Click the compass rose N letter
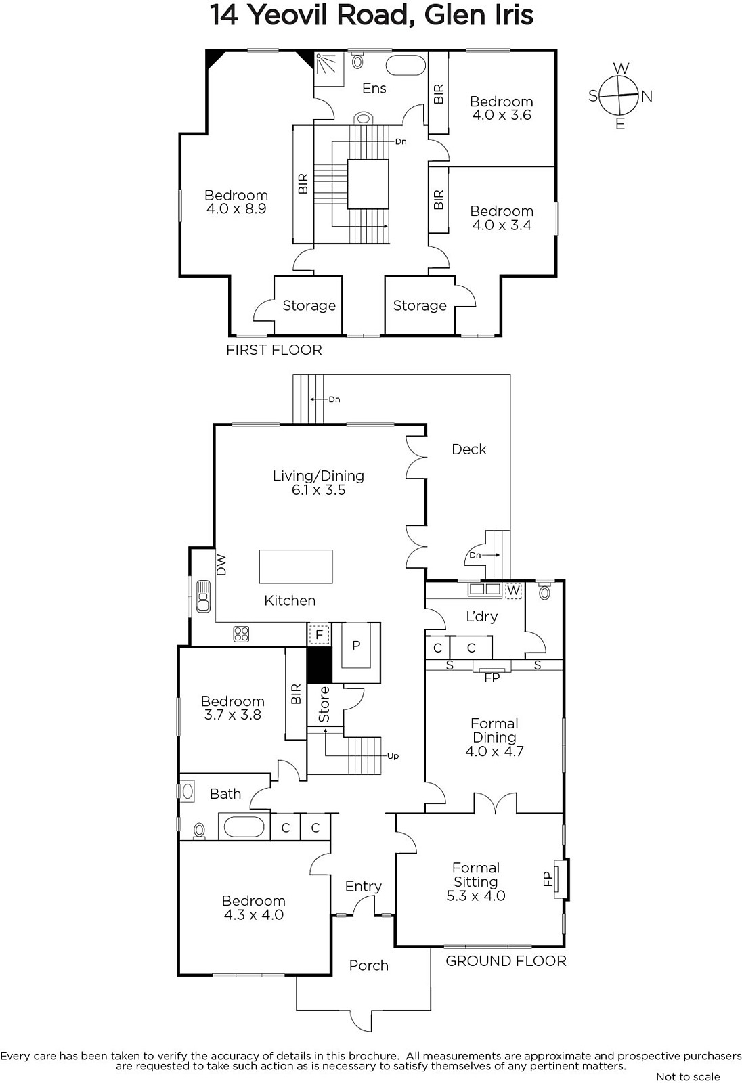(x=647, y=97)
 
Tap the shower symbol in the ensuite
(x=328, y=68)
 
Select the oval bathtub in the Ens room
(x=406, y=65)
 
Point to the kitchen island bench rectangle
(x=296, y=567)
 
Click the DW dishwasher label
(x=221, y=565)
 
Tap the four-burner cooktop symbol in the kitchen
(x=241, y=634)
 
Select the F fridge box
(x=319, y=634)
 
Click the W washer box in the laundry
(x=513, y=590)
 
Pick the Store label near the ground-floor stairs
(x=324, y=705)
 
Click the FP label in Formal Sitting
(x=548, y=879)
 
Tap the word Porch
(x=368, y=965)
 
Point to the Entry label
(x=364, y=886)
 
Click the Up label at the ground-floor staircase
(x=393, y=755)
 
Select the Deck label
(x=468, y=449)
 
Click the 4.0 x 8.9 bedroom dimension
(x=236, y=208)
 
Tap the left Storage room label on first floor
(x=309, y=305)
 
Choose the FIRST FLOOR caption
(x=274, y=349)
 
